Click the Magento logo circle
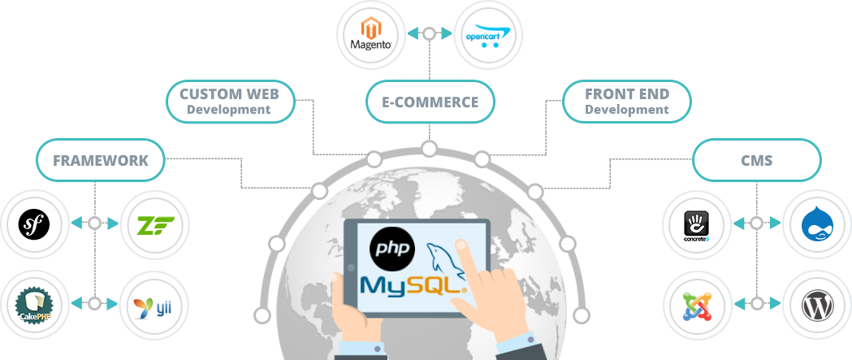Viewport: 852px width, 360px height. click(370, 34)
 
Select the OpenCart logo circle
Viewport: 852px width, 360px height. click(487, 34)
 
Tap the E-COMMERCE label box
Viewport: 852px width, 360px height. click(430, 102)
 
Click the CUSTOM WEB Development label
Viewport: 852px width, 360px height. click(229, 102)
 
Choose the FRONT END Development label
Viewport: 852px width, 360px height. click(626, 102)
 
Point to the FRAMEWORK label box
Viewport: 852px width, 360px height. click(101, 160)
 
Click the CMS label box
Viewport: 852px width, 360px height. click(756, 161)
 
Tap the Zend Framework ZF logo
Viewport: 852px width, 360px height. click(154, 223)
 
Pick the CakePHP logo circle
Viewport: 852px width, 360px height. click(33, 304)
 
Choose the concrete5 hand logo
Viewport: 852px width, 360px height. click(698, 223)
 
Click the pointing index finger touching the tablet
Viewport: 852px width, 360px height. click(462, 247)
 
